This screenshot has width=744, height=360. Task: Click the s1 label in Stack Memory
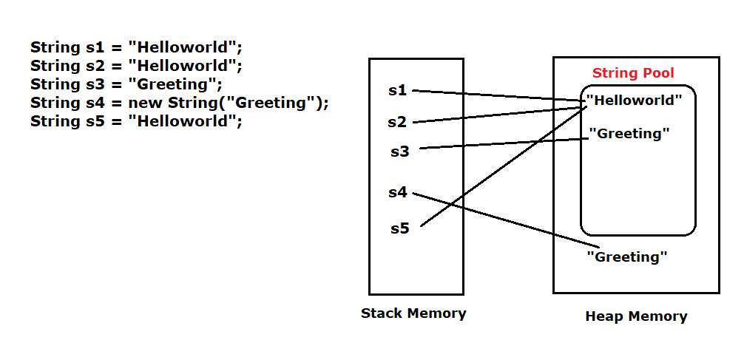click(x=398, y=91)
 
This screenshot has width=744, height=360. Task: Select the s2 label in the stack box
click(x=398, y=122)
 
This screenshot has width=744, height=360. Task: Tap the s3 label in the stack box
click(x=399, y=152)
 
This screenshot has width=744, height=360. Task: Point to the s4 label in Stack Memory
click(x=398, y=192)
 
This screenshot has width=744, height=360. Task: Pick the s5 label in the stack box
click(x=399, y=228)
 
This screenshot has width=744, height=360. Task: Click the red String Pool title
click(x=633, y=74)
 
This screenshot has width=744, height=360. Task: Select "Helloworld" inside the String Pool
click(x=640, y=100)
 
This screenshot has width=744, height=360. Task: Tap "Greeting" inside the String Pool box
click(x=629, y=134)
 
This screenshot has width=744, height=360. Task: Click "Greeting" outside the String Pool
click(x=627, y=257)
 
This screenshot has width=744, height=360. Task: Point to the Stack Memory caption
click(x=413, y=313)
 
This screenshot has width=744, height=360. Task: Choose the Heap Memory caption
click(x=636, y=316)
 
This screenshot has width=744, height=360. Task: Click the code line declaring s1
click(x=137, y=47)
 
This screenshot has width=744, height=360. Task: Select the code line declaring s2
click(x=137, y=66)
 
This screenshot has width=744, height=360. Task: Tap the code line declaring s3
click(x=126, y=84)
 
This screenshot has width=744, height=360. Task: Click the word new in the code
click(x=145, y=103)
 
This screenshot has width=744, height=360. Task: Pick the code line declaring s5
click(x=137, y=121)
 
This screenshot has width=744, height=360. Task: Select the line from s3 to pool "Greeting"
click(x=503, y=143)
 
